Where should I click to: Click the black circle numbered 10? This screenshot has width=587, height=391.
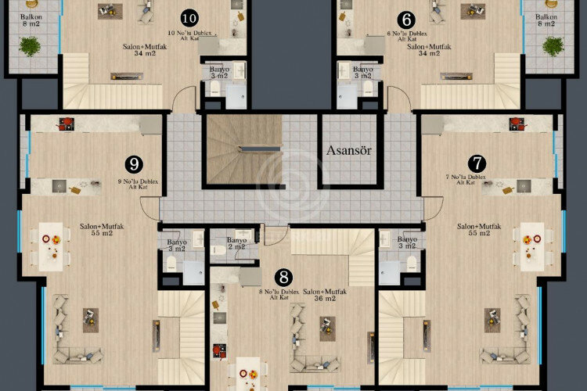click(189, 17)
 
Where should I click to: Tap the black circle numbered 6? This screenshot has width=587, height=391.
click(405, 17)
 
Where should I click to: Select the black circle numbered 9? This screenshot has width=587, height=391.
click(135, 163)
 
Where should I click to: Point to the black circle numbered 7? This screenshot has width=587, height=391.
click(476, 163)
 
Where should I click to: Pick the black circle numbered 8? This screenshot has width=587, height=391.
click(283, 277)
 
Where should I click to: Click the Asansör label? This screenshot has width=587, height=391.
click(348, 150)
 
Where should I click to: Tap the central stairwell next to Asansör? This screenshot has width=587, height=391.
click(243, 149)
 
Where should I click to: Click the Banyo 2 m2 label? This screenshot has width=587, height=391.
click(236, 243)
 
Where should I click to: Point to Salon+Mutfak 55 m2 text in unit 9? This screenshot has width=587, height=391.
click(102, 229)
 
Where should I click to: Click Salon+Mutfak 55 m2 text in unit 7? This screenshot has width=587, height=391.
click(479, 229)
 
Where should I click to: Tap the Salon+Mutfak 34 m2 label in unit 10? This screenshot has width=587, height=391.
click(142, 51)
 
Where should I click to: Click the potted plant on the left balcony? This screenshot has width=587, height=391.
click(31, 47)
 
